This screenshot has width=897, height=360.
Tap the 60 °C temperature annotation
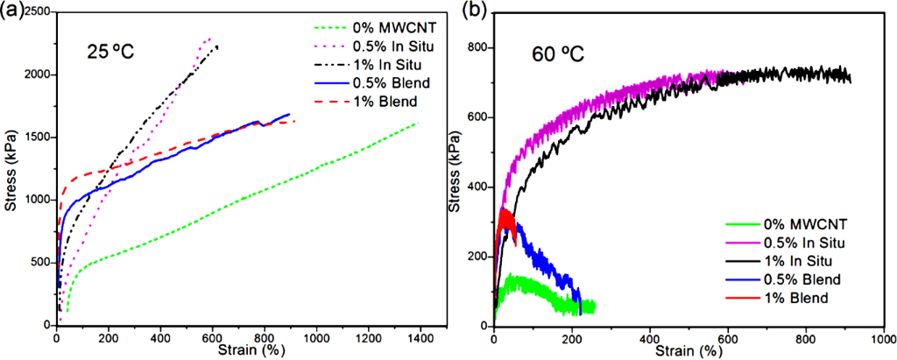point(558,55)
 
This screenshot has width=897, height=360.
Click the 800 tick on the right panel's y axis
point(479,46)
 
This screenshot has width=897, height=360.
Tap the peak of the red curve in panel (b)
point(505,210)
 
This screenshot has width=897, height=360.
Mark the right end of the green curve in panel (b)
point(594,307)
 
